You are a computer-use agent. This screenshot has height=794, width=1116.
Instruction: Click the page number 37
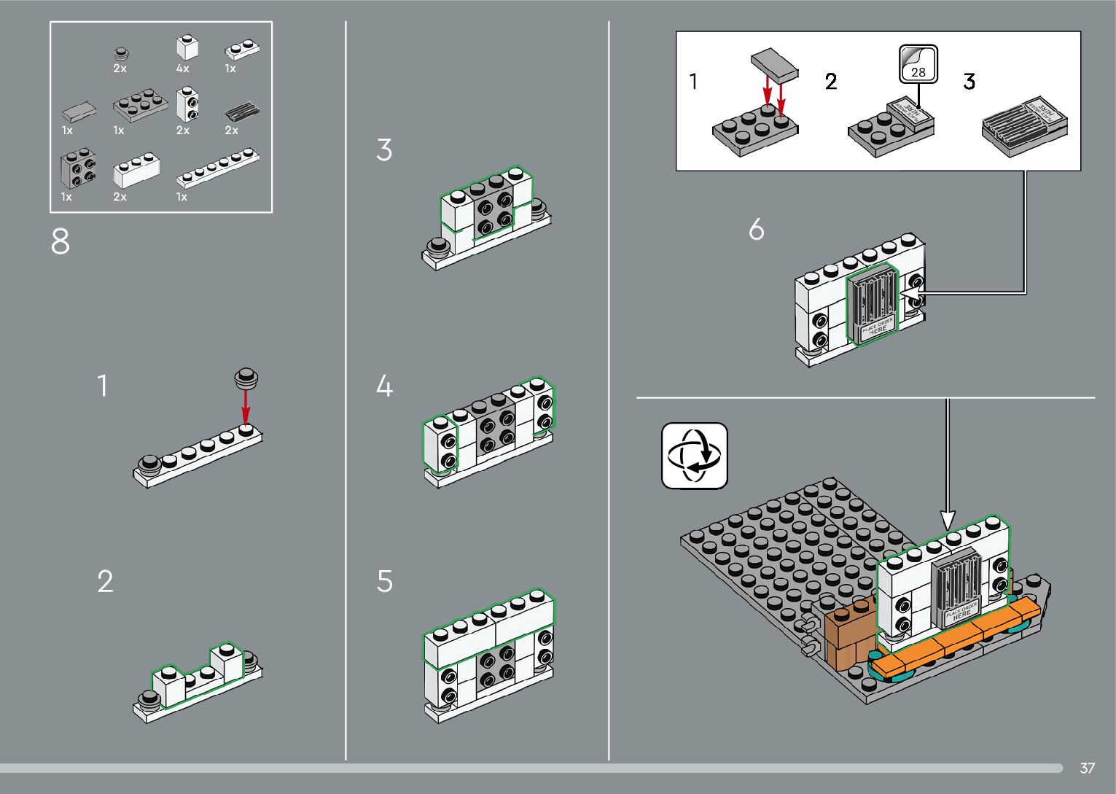click(1087, 768)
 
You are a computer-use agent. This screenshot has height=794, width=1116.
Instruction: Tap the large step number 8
click(61, 242)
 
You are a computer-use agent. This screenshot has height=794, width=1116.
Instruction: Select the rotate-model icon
click(695, 456)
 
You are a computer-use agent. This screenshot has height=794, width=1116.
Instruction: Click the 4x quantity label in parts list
click(182, 69)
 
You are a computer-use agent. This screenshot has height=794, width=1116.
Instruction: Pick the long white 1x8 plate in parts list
click(217, 168)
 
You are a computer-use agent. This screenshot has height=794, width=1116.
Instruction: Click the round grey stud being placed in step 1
click(246, 378)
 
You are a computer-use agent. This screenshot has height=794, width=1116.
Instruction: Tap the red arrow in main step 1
click(246, 405)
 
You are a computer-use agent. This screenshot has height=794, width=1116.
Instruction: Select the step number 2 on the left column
click(106, 582)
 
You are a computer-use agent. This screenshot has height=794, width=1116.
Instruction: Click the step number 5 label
click(385, 582)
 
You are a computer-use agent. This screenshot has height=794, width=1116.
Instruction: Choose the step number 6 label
click(757, 230)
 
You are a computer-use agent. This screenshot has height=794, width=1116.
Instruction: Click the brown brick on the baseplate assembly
click(847, 632)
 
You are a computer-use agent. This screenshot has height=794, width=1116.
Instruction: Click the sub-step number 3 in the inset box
click(969, 82)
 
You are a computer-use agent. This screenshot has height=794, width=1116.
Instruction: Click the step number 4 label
click(384, 386)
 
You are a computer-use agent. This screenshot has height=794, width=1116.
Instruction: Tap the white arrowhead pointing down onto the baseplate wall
click(948, 519)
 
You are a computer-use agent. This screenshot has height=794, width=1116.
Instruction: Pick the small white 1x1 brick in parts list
click(187, 47)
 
